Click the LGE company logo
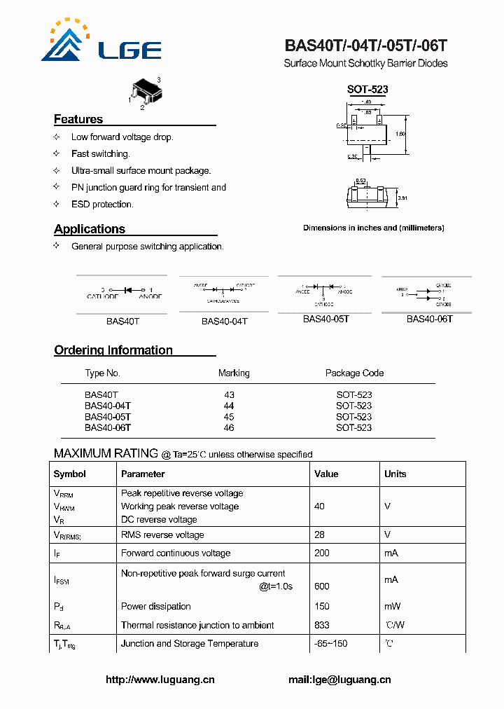click(101, 41)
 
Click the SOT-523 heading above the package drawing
click(367, 90)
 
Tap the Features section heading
click(78, 119)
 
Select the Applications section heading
click(90, 229)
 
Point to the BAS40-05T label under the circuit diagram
click(325, 319)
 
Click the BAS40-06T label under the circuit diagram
click(429, 319)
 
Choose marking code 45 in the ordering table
click(229, 417)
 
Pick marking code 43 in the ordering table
click(229, 395)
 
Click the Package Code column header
click(354, 373)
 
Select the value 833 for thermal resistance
click(322, 625)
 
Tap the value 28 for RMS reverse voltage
click(319, 535)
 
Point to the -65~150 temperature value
click(331, 643)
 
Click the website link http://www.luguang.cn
click(160, 680)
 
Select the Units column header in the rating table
click(395, 474)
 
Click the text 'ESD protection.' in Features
click(102, 205)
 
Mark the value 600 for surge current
click(322, 586)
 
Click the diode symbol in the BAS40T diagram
click(128, 289)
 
